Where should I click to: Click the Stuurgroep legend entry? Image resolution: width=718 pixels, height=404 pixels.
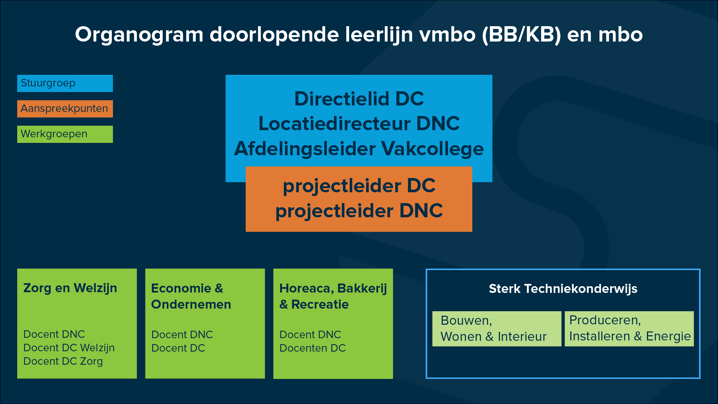65,83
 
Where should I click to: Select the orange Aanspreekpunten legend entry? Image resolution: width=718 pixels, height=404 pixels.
65,109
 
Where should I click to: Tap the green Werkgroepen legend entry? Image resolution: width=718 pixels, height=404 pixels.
65,134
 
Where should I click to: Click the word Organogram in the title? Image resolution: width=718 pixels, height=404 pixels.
139,35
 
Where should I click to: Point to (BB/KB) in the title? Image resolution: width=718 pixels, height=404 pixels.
521,34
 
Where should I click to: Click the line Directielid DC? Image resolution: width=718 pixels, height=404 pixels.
359,99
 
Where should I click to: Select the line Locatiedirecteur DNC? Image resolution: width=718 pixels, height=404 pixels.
359,123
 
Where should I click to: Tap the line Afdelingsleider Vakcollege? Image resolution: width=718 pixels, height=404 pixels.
359,149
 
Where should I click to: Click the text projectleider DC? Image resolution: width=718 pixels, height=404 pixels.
359,186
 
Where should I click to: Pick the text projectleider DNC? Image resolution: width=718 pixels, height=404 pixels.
359,211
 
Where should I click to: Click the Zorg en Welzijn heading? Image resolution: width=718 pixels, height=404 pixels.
70,288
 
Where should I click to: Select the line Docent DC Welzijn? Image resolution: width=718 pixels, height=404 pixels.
69,348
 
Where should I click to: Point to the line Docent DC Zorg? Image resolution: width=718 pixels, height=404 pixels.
63,361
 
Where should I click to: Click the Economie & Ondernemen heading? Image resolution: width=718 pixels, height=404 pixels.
191,296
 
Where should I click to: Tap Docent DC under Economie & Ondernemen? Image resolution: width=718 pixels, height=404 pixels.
178,348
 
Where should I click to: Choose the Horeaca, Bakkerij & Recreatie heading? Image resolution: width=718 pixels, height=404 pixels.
333,296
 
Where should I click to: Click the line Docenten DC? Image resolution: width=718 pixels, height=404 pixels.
312,348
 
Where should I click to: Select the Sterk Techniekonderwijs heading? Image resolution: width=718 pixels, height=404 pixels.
563,289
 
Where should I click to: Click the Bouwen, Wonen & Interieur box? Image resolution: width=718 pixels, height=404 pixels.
497,329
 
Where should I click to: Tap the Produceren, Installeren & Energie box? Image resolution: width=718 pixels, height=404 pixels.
629,329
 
